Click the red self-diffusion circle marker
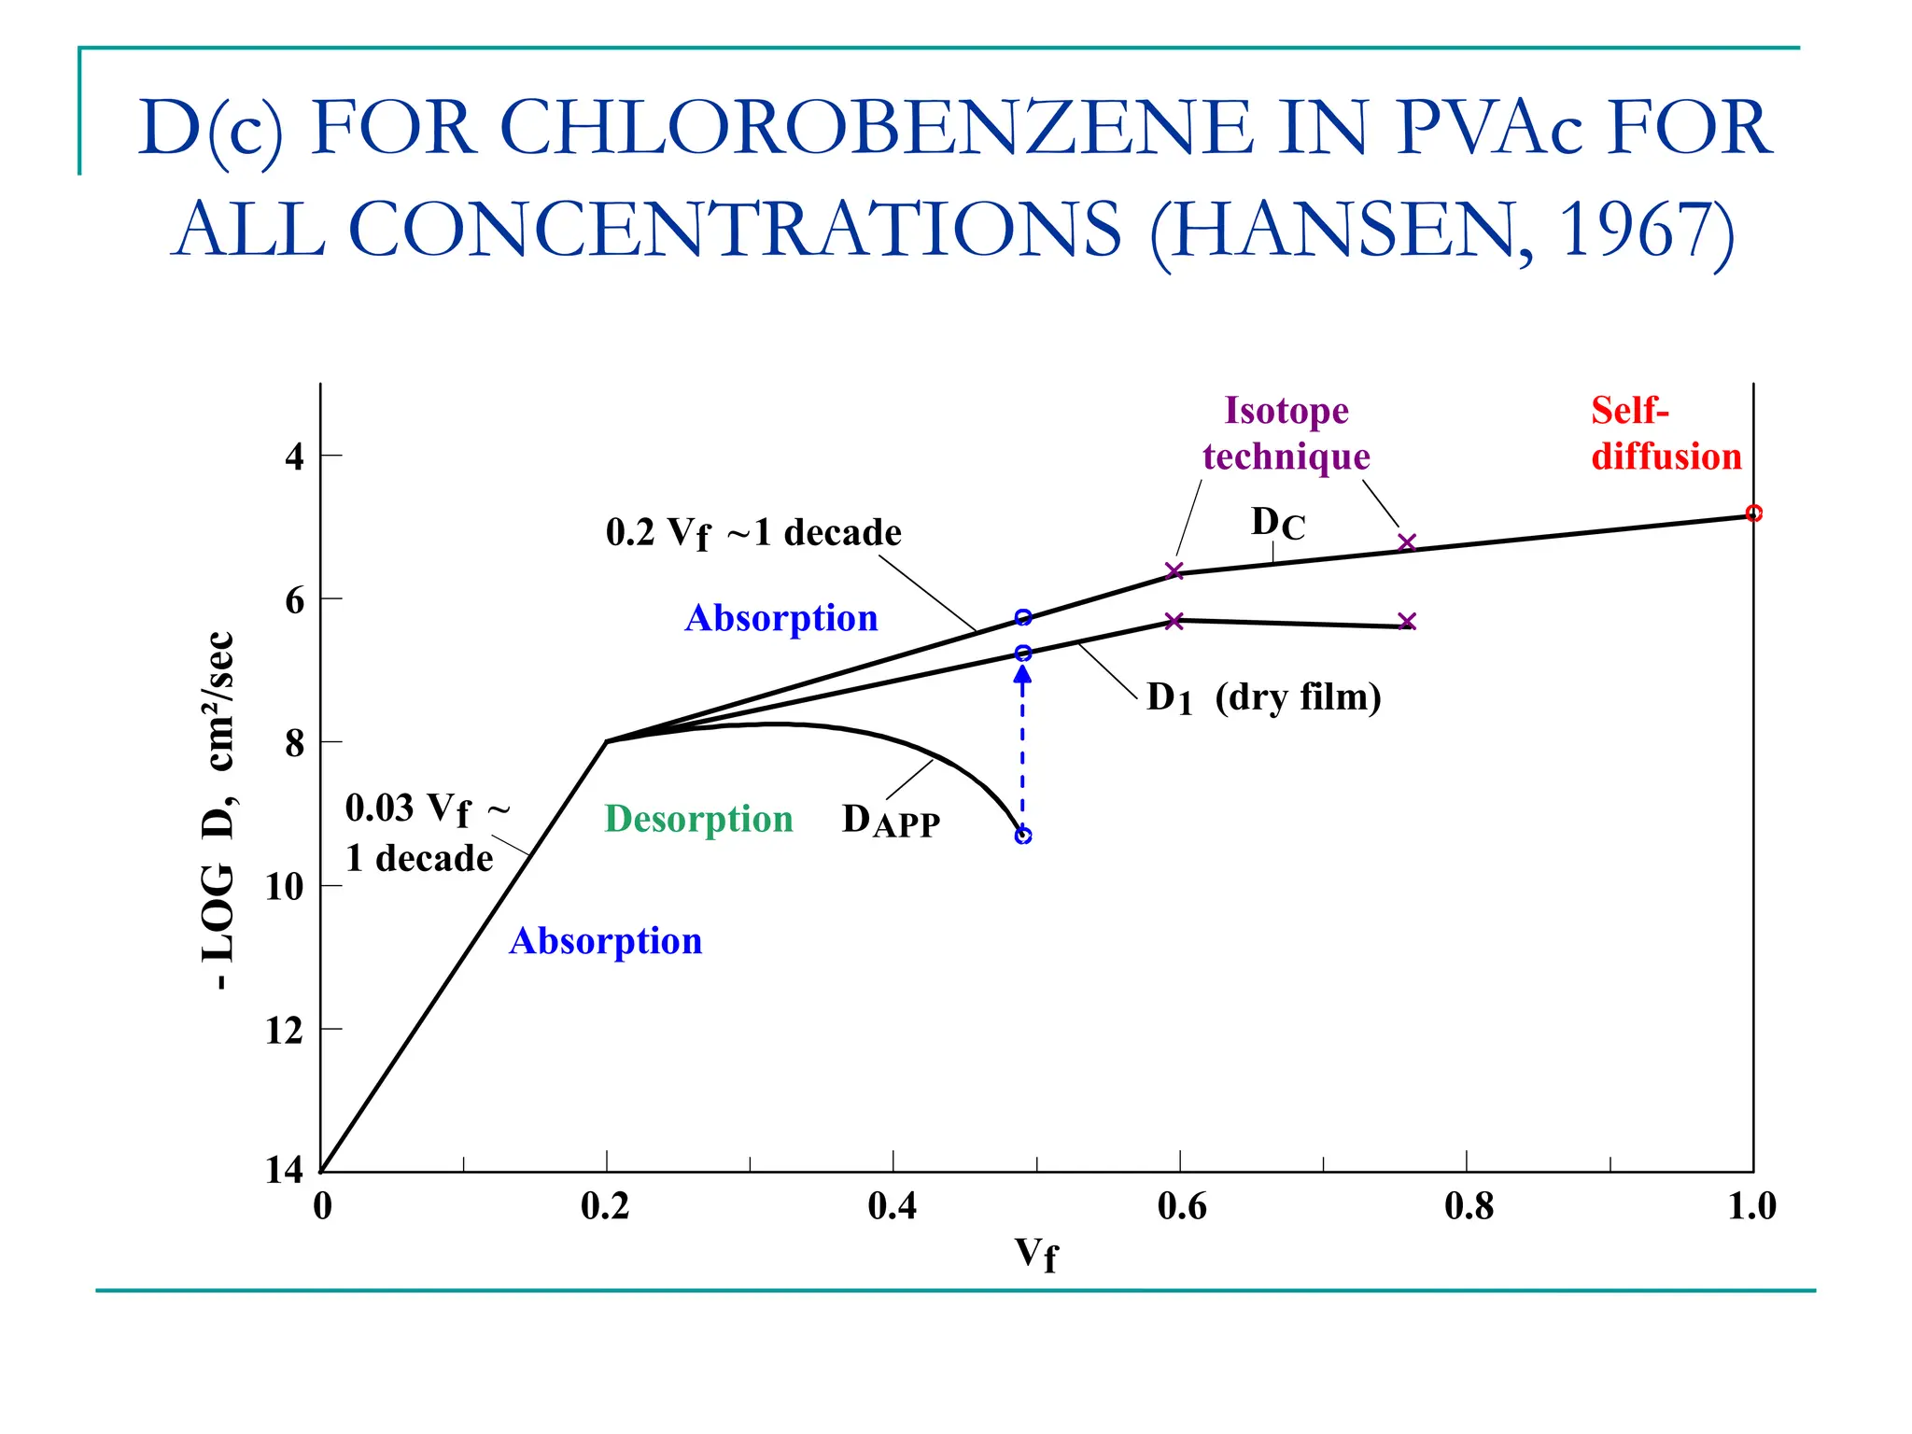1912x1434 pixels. click(1753, 513)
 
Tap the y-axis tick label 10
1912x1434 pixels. click(285, 886)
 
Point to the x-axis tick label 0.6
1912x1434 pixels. click(1182, 1206)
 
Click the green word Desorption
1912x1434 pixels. click(698, 819)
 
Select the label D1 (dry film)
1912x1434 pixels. click(1263, 697)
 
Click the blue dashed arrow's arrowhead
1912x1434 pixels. click(1023, 673)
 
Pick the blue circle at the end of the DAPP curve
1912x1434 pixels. click(1023, 836)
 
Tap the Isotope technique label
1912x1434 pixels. click(1286, 433)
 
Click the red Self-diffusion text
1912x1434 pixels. click(1666, 433)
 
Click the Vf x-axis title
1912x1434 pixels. click(1036, 1254)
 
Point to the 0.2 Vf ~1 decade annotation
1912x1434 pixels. click(753, 533)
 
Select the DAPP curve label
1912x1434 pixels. click(891, 821)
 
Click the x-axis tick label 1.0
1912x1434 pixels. click(1751, 1206)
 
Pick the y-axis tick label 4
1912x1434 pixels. click(294, 457)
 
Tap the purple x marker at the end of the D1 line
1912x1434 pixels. click(1407, 622)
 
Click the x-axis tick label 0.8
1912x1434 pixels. click(1469, 1206)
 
